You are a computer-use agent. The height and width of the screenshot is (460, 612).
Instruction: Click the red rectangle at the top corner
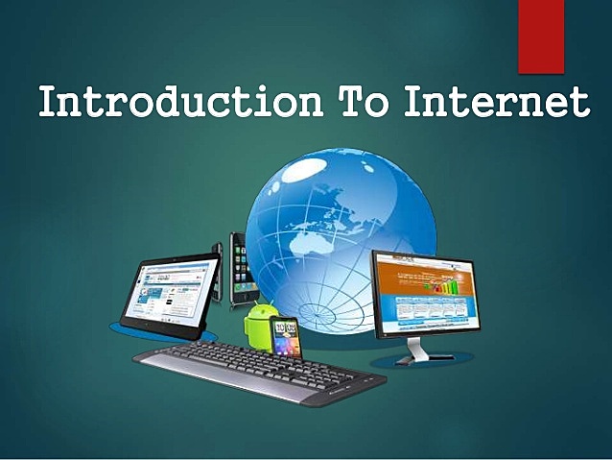tap(541, 36)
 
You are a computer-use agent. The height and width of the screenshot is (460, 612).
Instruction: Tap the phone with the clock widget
tap(285, 335)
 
